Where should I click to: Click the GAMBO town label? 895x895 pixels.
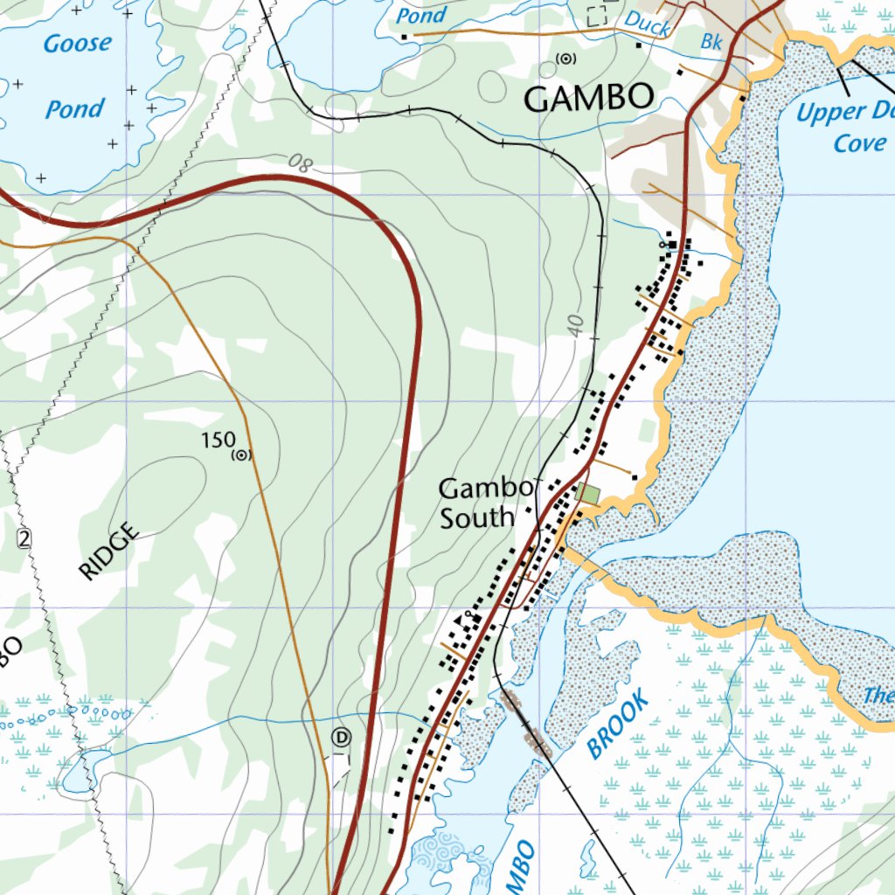[589, 98]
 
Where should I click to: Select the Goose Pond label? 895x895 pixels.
[77, 76]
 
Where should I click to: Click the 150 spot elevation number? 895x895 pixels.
[218, 441]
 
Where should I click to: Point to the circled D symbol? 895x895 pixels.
[341, 738]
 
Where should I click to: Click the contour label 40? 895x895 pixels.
[574, 324]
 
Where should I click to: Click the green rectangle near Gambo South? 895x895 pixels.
[588, 494]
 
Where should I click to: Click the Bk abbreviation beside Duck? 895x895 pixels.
[712, 41]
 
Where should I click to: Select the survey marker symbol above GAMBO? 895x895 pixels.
[567, 59]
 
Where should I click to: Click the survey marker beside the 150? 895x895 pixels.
[240, 454]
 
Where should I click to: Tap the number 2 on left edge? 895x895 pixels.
[23, 538]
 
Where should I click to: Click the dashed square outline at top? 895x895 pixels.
[597, 15]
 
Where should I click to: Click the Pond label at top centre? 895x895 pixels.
[420, 15]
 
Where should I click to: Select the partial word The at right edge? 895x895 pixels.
[878, 696]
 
